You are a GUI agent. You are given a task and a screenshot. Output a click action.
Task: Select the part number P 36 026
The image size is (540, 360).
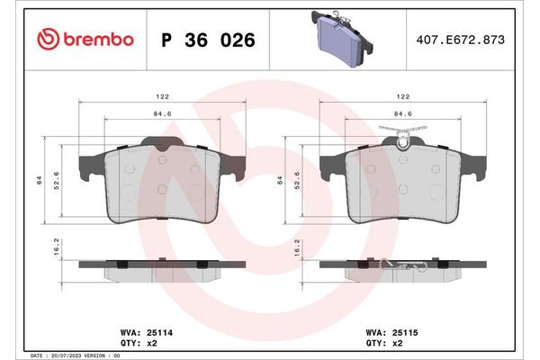pos(207,40)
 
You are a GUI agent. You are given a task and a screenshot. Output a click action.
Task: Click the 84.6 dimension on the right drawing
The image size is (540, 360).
pos(403,114)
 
